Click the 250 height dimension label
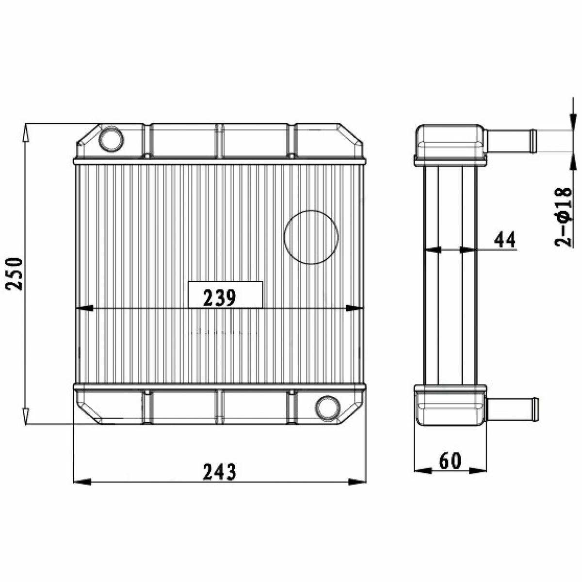[x=15, y=274]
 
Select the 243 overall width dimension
[x=219, y=471]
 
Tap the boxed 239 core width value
[x=219, y=297]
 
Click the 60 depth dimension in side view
[x=450, y=461]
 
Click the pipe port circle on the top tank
[x=111, y=140]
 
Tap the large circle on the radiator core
[x=311, y=237]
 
